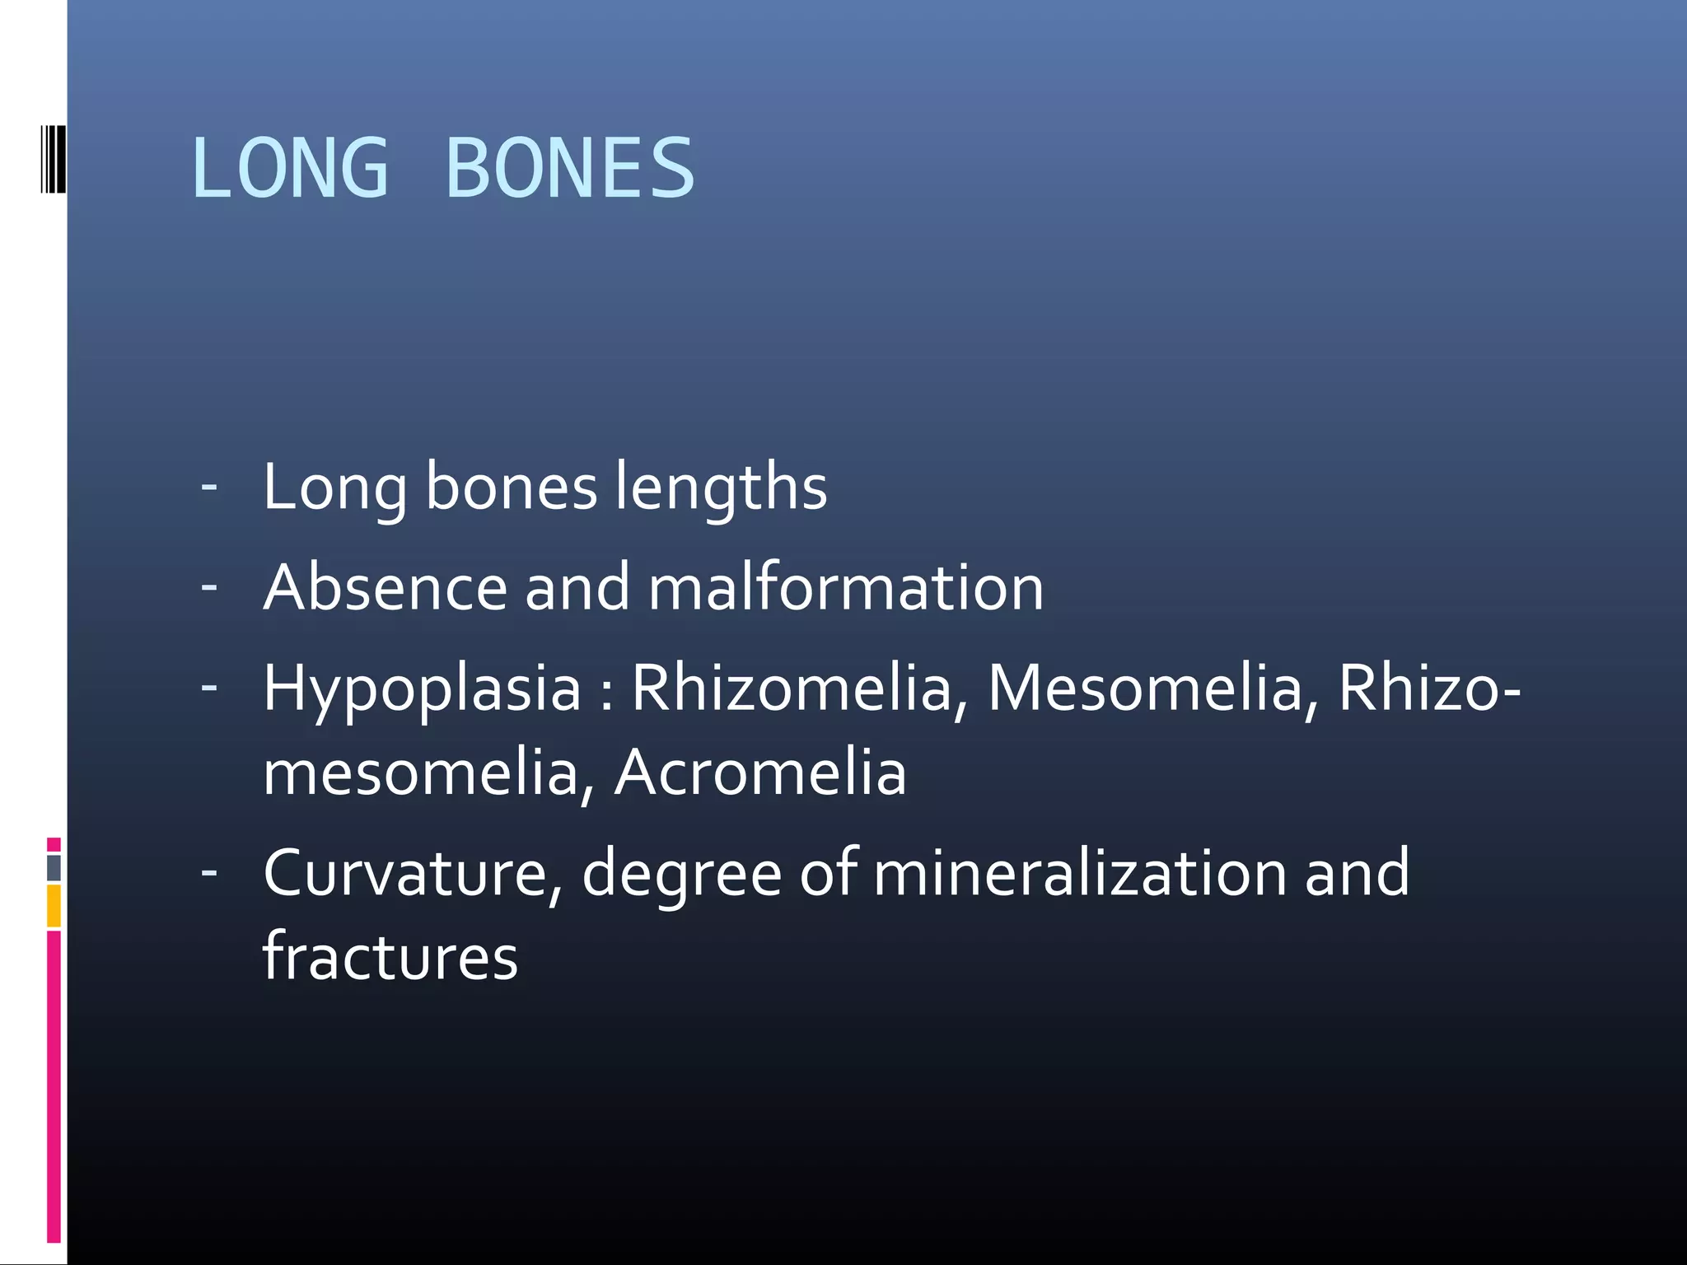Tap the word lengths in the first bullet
[x=721, y=487]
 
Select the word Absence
[x=386, y=587]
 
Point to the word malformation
[x=846, y=587]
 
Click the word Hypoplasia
[x=422, y=689]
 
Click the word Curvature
[x=412, y=873]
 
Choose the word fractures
[x=390, y=957]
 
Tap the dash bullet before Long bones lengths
[x=209, y=487]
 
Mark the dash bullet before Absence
[x=209, y=587]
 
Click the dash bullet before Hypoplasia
[x=209, y=686]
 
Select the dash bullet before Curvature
[x=209, y=871]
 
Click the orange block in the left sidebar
[x=54, y=906]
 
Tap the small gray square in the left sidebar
[x=54, y=867]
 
